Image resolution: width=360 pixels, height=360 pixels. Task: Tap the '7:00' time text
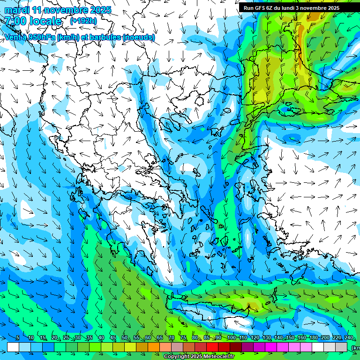15,21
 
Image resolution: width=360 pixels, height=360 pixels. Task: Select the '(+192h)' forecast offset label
83,21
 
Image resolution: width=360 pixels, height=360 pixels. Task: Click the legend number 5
18,338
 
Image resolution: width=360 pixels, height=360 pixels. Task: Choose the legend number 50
124,338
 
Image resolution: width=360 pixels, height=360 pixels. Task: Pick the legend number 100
231,338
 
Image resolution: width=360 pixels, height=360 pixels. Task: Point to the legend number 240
348,338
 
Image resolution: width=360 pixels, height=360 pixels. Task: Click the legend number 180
313,338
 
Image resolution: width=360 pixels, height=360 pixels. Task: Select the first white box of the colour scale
13,347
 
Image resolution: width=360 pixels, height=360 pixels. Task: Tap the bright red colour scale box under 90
212,347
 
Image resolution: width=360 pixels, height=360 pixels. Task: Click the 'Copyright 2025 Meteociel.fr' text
199,357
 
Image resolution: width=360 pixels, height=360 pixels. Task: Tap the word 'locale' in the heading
46,21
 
